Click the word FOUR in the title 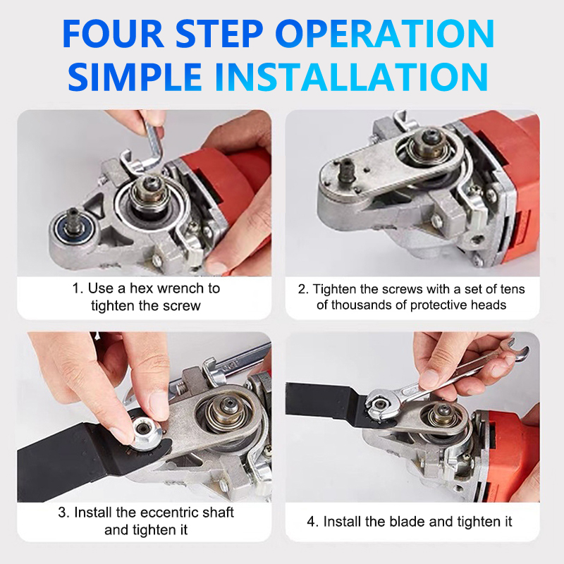(x=114, y=33)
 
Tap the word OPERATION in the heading (x=385, y=33)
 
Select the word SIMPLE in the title (x=135, y=77)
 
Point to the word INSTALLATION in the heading (x=351, y=77)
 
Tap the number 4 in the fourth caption (x=311, y=522)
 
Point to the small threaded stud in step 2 (x=347, y=169)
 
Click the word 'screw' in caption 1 (x=182, y=306)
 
